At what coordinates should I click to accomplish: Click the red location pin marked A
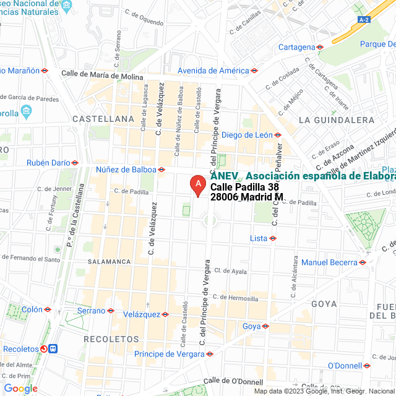coord(197,184)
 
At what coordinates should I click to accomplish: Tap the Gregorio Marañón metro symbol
coord(45,71)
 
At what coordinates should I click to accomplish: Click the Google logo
coord(20,389)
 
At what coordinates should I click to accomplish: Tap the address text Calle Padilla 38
coord(244,187)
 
